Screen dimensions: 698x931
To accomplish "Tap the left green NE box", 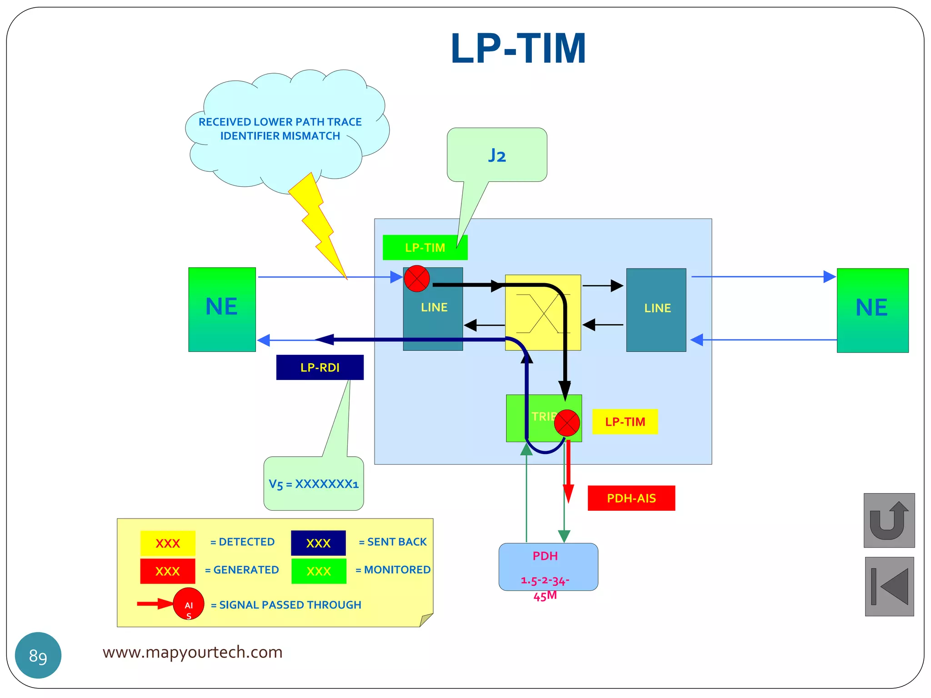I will (x=222, y=309).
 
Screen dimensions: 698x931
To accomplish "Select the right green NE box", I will (x=872, y=310).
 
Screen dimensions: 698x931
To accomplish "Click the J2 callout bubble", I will (x=497, y=155).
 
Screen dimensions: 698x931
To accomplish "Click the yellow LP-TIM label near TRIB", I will (x=625, y=422).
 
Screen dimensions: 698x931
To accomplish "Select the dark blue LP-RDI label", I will (x=320, y=367).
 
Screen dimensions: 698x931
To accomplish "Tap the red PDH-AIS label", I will (x=631, y=498).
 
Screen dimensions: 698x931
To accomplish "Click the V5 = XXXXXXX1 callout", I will (x=314, y=484).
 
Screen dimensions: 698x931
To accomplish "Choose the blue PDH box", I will (x=548, y=567).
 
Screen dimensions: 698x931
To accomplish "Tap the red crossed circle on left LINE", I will (x=417, y=279).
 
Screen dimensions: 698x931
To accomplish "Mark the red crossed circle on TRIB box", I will (x=567, y=423).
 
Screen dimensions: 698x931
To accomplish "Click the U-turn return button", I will (x=889, y=520).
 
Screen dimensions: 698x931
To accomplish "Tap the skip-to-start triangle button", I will (x=889, y=586).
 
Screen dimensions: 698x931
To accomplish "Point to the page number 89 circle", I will (x=38, y=655).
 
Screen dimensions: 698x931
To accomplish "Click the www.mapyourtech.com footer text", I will (x=192, y=652).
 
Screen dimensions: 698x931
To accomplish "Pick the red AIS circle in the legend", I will (x=188, y=603).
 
